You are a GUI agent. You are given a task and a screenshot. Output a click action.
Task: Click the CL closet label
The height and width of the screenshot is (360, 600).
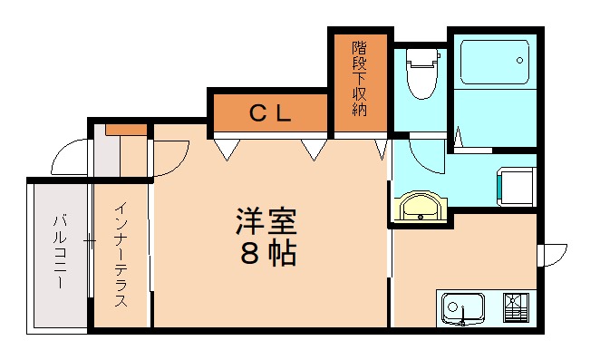pos(270,113)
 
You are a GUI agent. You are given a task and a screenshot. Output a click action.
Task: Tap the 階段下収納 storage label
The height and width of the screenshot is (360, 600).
pos(360,82)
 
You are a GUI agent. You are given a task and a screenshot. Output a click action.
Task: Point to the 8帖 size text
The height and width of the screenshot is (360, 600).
pos(267,254)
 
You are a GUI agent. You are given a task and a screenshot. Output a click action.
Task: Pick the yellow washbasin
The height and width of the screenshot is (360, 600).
pos(420,207)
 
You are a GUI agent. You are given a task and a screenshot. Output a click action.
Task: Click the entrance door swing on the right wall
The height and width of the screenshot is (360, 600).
pos(553,255)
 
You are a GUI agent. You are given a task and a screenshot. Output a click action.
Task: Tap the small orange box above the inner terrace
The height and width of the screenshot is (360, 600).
pos(125,129)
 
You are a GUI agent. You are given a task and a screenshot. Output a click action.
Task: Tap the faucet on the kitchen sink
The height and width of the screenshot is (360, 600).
pos(462,319)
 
